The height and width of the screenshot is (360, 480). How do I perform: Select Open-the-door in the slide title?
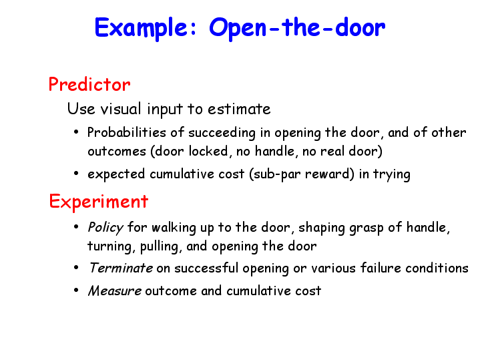pos(297,28)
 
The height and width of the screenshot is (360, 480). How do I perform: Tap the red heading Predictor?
pos(89,84)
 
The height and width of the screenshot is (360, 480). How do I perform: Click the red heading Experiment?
pos(99,202)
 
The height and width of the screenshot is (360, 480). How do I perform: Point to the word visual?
pos(121,109)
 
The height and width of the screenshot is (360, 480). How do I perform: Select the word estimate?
pos(239,109)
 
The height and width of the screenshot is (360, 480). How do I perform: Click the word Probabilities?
pos(126,133)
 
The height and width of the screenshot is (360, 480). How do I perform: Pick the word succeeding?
pos(222,133)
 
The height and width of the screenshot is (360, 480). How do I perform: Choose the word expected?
pos(116,174)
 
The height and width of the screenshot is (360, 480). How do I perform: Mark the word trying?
pos(392,174)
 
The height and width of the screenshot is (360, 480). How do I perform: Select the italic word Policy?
pos(105,228)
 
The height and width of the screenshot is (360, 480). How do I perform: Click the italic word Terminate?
pos(121,268)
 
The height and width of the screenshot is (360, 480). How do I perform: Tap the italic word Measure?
pos(114,291)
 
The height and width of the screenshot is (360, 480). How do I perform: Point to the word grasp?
pos(367,228)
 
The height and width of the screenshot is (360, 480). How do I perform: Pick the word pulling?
pos(159,246)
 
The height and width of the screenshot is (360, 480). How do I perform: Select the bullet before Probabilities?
pos(76,132)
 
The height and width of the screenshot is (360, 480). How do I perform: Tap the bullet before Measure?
pos(76,290)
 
